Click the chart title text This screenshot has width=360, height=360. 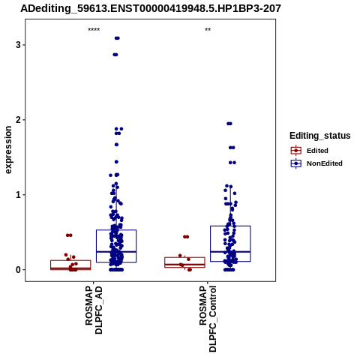[151, 9]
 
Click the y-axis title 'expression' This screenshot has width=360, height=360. [8, 150]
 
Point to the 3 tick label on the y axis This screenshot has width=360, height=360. [18, 45]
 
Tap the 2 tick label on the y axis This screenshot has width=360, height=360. [18, 120]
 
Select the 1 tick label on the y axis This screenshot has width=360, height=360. [18, 195]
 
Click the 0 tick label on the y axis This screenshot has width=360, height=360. [18, 270]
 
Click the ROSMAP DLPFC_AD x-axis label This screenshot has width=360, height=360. [94, 310]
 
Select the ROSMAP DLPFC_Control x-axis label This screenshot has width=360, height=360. [208, 319]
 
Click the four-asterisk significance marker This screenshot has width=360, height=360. [94, 30]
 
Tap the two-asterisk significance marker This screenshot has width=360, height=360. [208, 30]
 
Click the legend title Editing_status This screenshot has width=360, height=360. [320, 136]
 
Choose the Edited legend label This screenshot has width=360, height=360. [317, 151]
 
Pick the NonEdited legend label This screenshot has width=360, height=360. [325, 163]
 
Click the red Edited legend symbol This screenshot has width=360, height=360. [296, 151]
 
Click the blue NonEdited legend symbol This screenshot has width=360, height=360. [296, 163]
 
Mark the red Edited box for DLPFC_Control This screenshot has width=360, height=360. [184, 257]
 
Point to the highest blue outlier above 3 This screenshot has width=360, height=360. [117, 38]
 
